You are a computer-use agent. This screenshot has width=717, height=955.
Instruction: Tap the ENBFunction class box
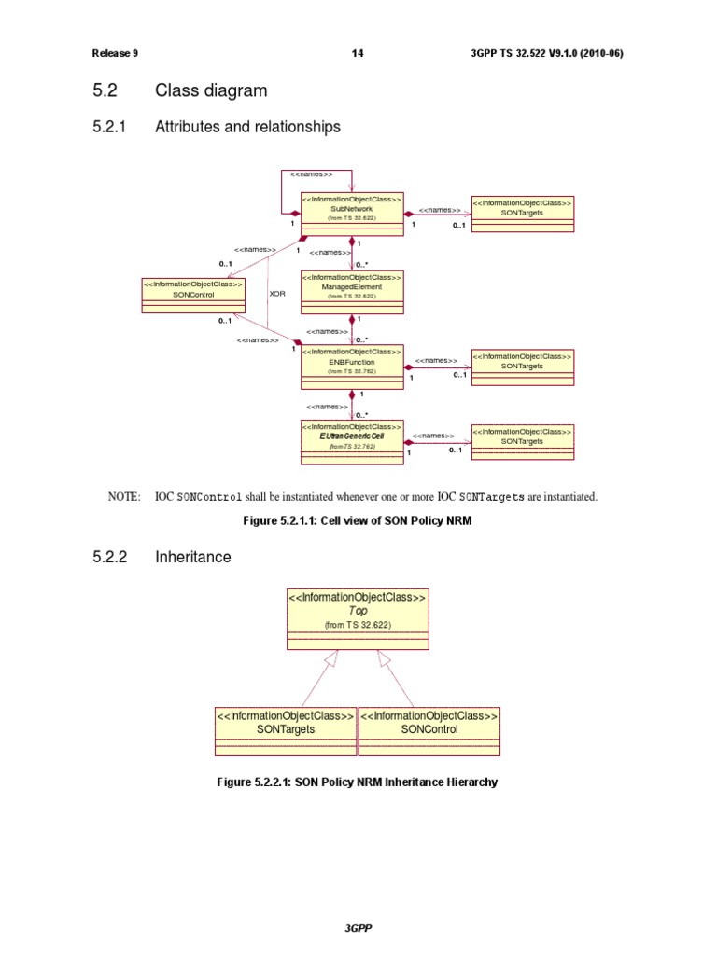pos(352,366)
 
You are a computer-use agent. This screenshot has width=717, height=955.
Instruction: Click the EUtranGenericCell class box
pos(352,441)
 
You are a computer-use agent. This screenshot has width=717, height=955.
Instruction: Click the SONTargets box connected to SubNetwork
pos(522,214)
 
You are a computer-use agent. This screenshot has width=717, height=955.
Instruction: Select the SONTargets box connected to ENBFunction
pos(522,367)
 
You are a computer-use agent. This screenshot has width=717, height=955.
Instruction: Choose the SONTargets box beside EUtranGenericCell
pos(522,441)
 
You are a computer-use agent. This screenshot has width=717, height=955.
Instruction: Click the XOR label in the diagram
pos(277,293)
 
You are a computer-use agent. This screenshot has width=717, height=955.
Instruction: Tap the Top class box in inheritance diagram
pos(358,618)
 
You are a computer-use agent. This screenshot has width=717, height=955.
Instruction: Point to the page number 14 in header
pos(358,53)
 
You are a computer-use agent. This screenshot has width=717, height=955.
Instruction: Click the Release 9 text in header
pos(115,53)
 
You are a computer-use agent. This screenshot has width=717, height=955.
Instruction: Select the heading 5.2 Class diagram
pos(179,90)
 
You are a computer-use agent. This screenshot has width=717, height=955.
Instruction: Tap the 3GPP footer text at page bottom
pos(358,928)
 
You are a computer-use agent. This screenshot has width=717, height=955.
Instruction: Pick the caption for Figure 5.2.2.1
pos(358,782)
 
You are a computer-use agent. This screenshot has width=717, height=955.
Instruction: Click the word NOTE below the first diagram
pos(124,497)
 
